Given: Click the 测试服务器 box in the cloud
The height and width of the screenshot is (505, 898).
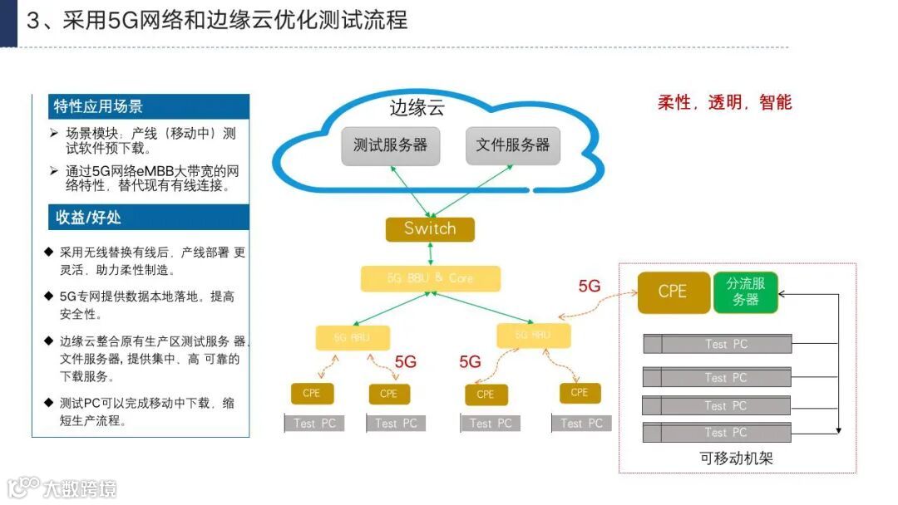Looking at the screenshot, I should click(390, 145).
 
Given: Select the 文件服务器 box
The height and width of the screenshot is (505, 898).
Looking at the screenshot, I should click(512, 145).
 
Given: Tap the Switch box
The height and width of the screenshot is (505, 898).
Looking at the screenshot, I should click(430, 229).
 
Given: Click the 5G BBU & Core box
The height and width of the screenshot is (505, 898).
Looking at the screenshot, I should click(430, 278).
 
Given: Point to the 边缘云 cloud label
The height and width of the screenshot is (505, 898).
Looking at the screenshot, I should click(417, 108).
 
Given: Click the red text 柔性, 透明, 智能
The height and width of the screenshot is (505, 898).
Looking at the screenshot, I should click(724, 102).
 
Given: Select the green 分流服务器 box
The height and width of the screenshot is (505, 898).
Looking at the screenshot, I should click(745, 292).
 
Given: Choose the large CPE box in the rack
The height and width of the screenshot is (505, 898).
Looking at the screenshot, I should click(673, 292).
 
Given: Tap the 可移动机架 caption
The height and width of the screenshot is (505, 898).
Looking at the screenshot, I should click(736, 458).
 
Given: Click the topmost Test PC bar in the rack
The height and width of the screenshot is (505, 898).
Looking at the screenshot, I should click(717, 344).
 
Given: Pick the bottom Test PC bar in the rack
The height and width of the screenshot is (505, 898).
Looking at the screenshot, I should click(717, 433).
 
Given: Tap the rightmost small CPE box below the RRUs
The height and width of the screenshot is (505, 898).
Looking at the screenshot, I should click(580, 393).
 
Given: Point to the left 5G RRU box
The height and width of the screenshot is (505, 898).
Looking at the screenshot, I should click(353, 337).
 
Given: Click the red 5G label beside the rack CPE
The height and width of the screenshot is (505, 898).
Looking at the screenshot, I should click(590, 287).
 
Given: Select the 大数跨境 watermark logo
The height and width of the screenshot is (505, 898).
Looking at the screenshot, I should click(62, 488).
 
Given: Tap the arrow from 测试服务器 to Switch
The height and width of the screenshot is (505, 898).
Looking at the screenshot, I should click(408, 190).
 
